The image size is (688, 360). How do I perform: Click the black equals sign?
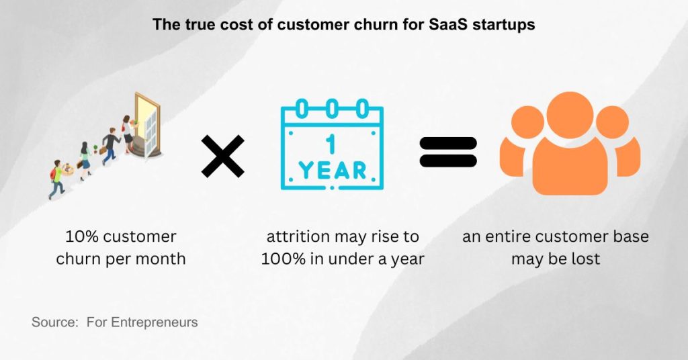pos(448,152)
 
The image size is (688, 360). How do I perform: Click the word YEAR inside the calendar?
pos(331,170)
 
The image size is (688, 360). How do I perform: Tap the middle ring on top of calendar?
pos(331,107)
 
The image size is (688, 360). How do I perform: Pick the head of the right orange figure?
pos(613,125)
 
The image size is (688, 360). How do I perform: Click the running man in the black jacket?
pos(110,146)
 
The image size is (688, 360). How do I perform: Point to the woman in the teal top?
pos(85,160)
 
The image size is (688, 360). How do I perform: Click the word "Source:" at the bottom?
pos(54,322)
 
